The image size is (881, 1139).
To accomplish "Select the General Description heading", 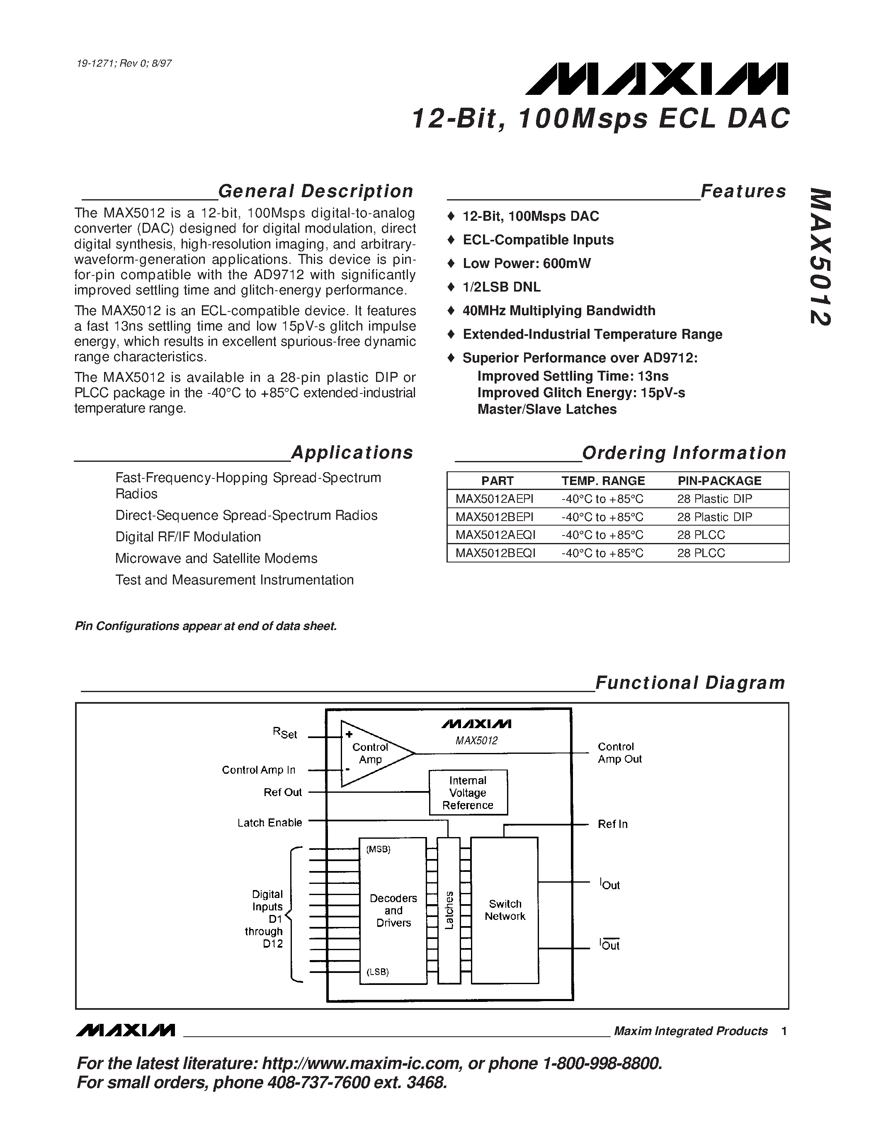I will click(x=315, y=191).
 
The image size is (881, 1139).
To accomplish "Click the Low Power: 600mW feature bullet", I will click(x=526, y=263).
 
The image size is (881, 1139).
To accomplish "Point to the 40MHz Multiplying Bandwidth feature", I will click(x=558, y=311).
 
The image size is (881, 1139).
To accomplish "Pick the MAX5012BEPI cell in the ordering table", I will click(x=494, y=517).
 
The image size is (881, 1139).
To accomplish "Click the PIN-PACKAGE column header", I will click(x=719, y=481).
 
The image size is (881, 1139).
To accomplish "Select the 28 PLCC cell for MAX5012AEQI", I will click(x=701, y=535).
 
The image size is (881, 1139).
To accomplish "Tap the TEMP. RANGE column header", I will click(x=603, y=481).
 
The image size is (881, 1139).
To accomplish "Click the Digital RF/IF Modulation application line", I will click(x=188, y=537).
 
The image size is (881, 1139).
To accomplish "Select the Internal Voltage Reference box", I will click(x=468, y=793).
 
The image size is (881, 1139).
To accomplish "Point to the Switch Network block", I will click(x=504, y=910).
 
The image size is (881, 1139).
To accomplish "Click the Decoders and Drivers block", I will click(x=393, y=910).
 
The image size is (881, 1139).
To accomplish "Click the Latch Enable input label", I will click(x=269, y=823).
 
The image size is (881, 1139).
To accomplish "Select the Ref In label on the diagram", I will click(x=612, y=824).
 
